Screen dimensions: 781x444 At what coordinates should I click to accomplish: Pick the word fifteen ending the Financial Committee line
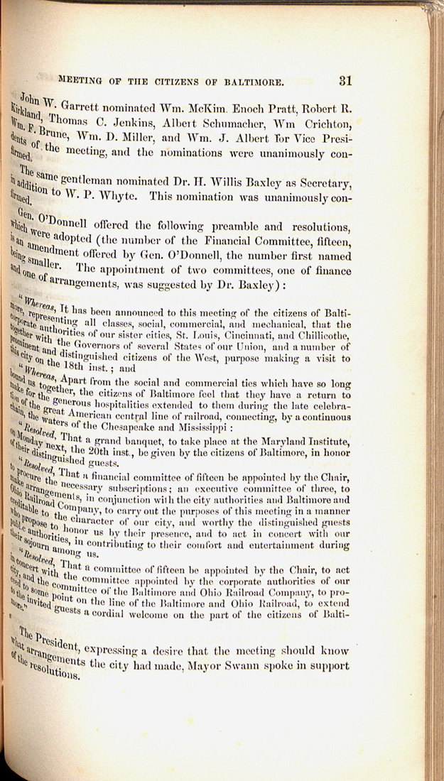331,246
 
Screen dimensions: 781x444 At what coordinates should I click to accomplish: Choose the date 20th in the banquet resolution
113,459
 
